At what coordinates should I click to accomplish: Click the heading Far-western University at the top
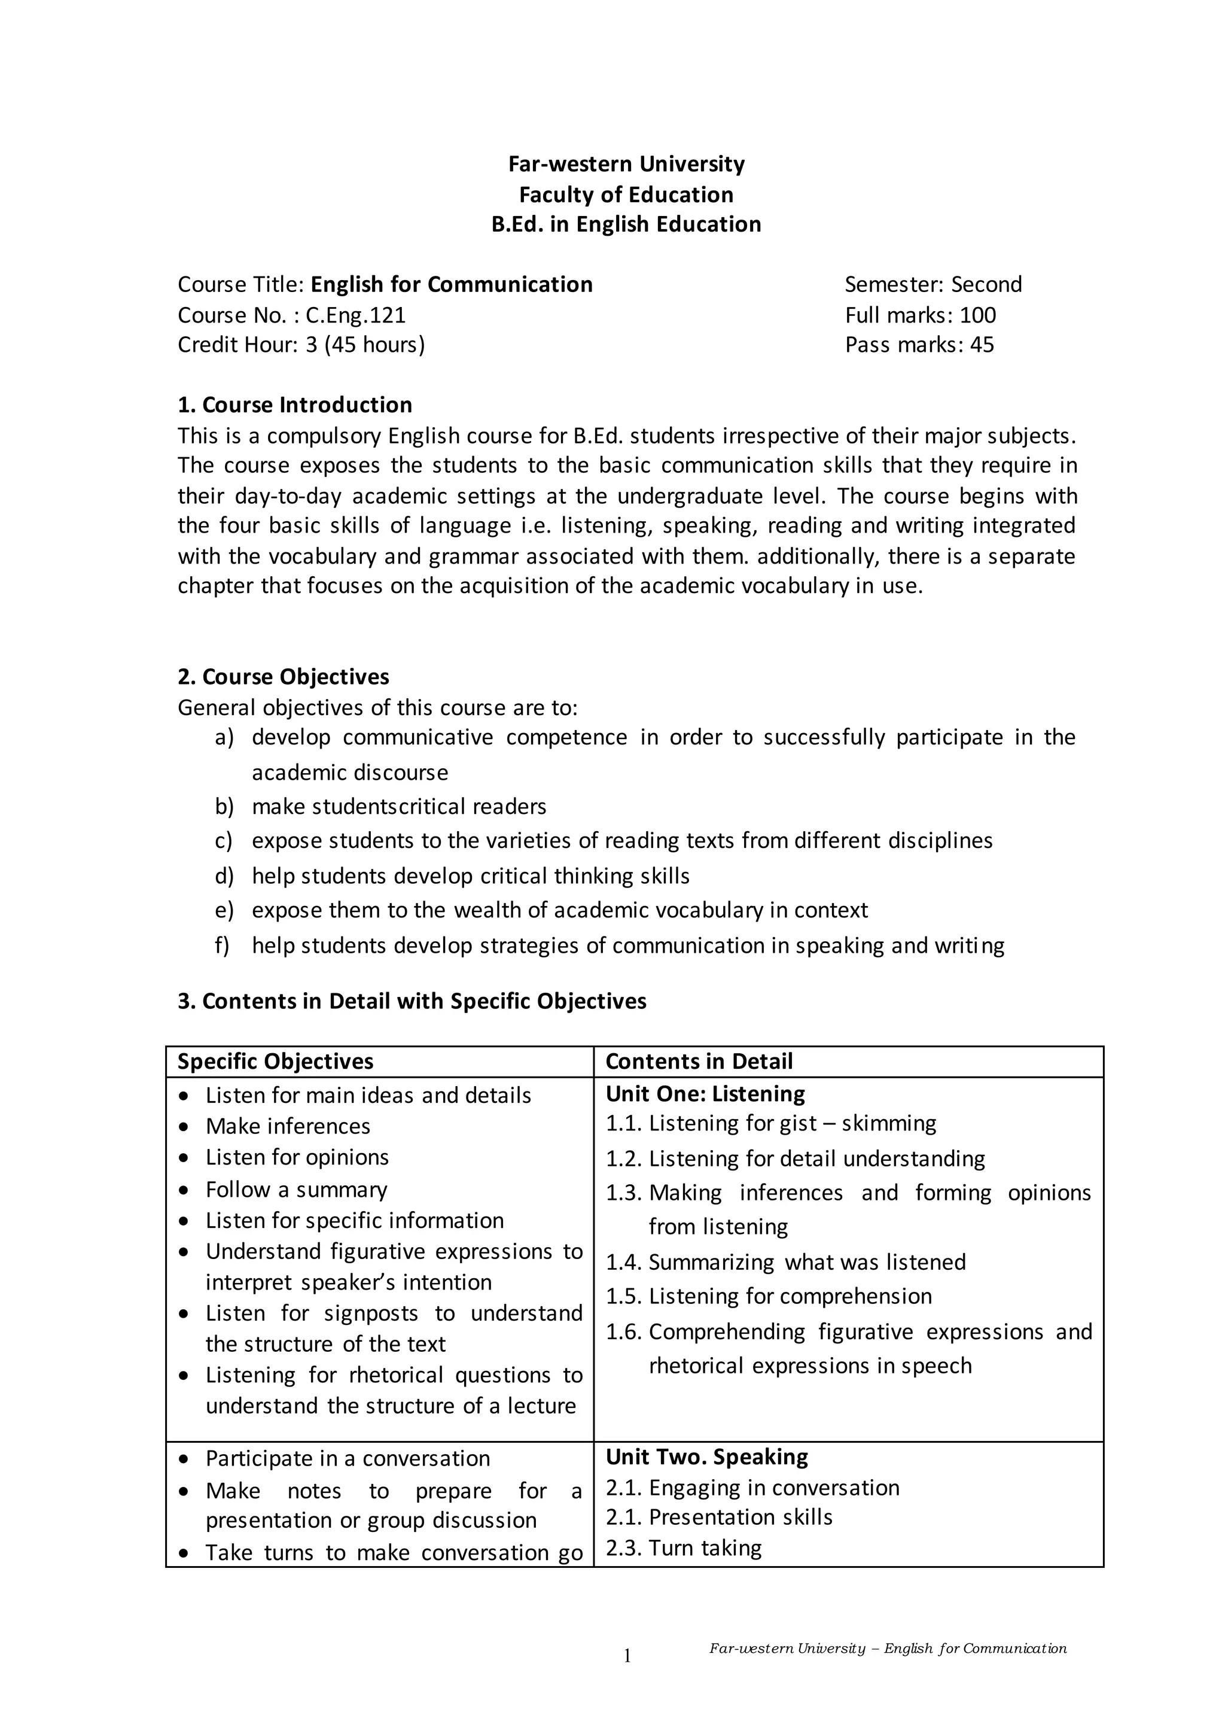pos(626,164)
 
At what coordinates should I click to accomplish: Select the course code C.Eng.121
pos(355,315)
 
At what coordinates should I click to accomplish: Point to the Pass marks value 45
pos(982,345)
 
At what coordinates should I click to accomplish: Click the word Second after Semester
pos(986,285)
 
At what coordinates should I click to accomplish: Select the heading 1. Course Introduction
pos(295,405)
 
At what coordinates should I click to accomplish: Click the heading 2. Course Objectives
pos(284,676)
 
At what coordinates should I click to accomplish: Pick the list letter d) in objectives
pos(224,875)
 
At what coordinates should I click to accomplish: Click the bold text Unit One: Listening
pos(705,1094)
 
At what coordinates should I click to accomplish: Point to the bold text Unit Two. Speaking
pos(707,1457)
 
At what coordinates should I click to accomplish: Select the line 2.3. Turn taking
pos(684,1548)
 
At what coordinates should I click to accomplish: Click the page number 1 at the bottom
pos(627,1656)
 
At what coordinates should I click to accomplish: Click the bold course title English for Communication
pos(451,285)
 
